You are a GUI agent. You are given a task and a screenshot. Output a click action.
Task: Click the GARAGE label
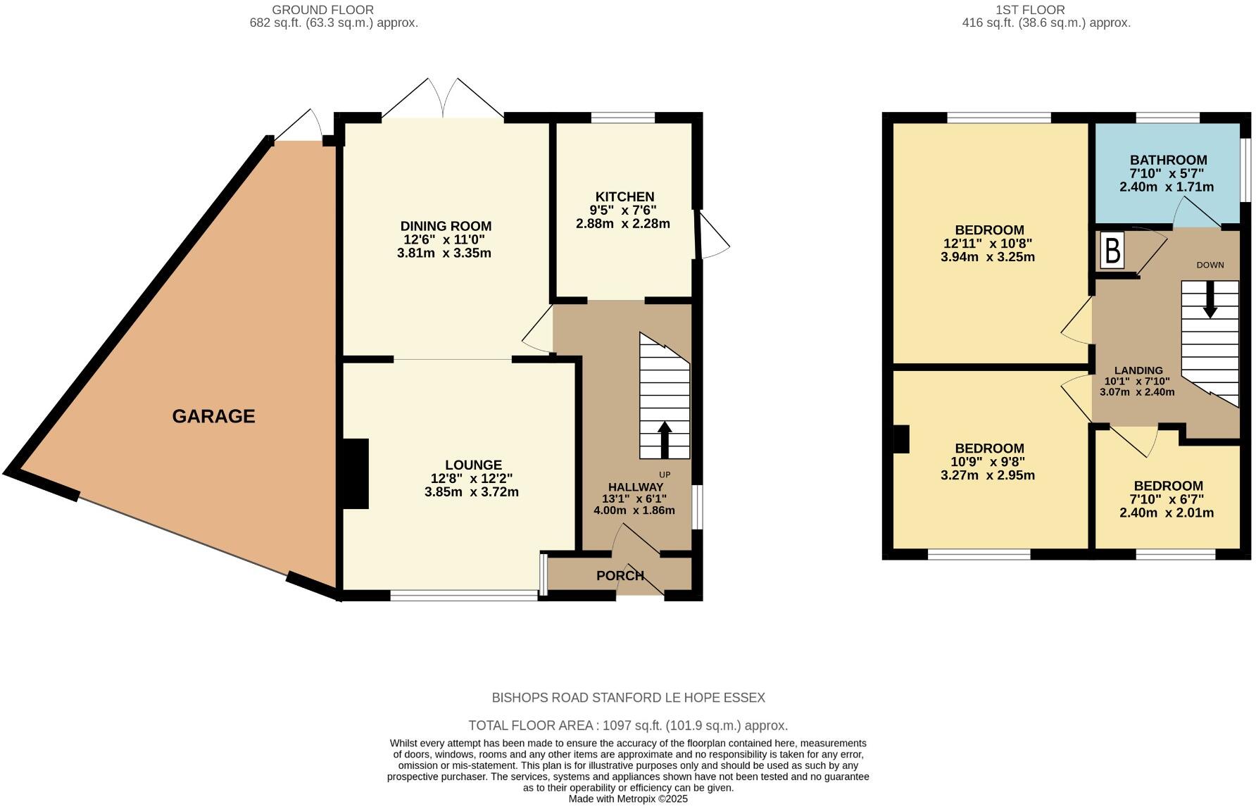213,416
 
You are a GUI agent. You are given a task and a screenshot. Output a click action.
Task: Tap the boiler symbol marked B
1112,251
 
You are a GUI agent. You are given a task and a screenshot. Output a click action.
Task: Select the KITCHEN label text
624,197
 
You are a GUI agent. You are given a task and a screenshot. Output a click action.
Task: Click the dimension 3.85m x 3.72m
471,492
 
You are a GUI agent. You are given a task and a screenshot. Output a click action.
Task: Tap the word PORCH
620,576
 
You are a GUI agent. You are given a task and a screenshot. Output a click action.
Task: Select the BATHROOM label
1168,161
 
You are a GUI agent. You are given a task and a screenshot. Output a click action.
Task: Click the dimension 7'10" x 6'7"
1167,499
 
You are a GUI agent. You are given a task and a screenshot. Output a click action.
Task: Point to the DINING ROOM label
446,227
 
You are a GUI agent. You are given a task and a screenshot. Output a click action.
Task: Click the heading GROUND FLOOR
322,10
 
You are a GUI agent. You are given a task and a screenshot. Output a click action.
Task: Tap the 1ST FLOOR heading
1030,10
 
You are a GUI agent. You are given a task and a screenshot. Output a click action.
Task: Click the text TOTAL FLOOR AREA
534,725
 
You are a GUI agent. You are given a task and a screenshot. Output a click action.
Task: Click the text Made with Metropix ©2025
627,799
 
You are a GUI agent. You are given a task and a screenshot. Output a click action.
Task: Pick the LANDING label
1138,370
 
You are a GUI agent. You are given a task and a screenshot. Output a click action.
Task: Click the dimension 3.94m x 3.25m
987,257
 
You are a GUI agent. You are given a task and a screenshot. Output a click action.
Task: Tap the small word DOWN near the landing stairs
1210,265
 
